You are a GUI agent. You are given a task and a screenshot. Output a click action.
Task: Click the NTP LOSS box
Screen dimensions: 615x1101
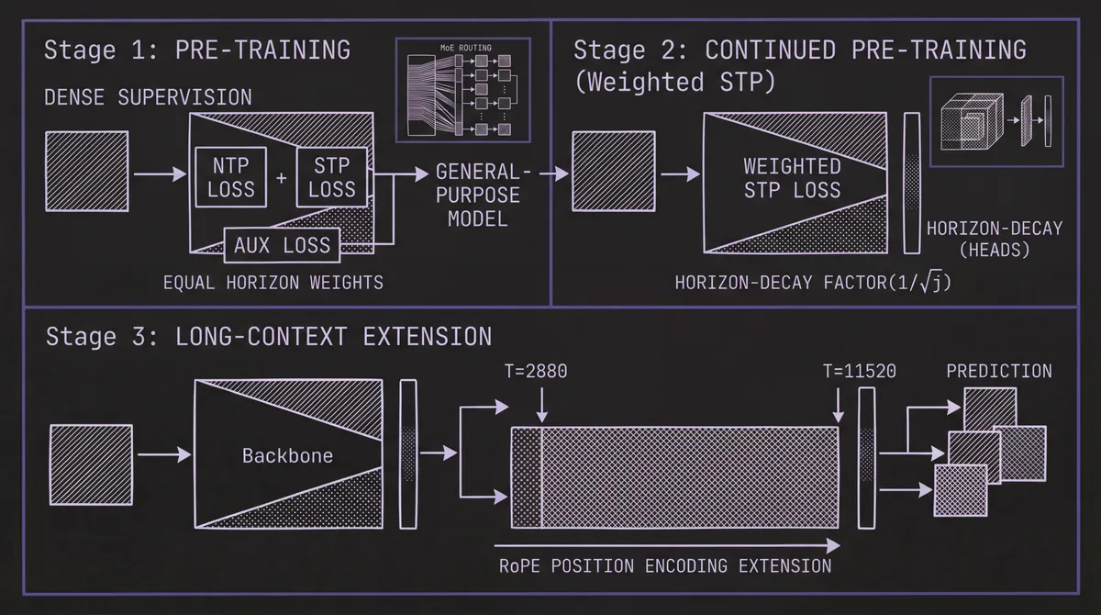230,176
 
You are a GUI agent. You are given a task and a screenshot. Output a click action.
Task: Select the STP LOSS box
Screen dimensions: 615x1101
331,176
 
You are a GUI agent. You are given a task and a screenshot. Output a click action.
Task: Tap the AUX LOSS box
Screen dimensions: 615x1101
282,245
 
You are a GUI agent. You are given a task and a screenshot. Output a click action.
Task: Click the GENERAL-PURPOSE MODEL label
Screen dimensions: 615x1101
476,196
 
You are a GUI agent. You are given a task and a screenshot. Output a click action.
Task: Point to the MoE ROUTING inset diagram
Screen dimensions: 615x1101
462,90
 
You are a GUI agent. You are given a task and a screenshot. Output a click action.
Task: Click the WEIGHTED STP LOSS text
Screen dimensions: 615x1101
791,178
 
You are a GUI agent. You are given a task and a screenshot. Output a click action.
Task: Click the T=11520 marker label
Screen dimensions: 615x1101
858,371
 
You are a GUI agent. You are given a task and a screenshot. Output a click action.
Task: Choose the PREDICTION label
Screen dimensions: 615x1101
998,371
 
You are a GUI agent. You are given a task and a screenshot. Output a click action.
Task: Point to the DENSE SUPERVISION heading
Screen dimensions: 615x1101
148,96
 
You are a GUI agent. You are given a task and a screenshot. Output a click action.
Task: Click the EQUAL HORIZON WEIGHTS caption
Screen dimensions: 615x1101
272,283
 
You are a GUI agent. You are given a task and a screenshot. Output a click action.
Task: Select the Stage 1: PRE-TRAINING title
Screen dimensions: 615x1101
197,50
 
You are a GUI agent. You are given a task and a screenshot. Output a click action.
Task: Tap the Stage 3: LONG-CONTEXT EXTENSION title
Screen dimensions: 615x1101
268,336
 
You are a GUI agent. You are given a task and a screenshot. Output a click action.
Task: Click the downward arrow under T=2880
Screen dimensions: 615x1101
542,404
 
